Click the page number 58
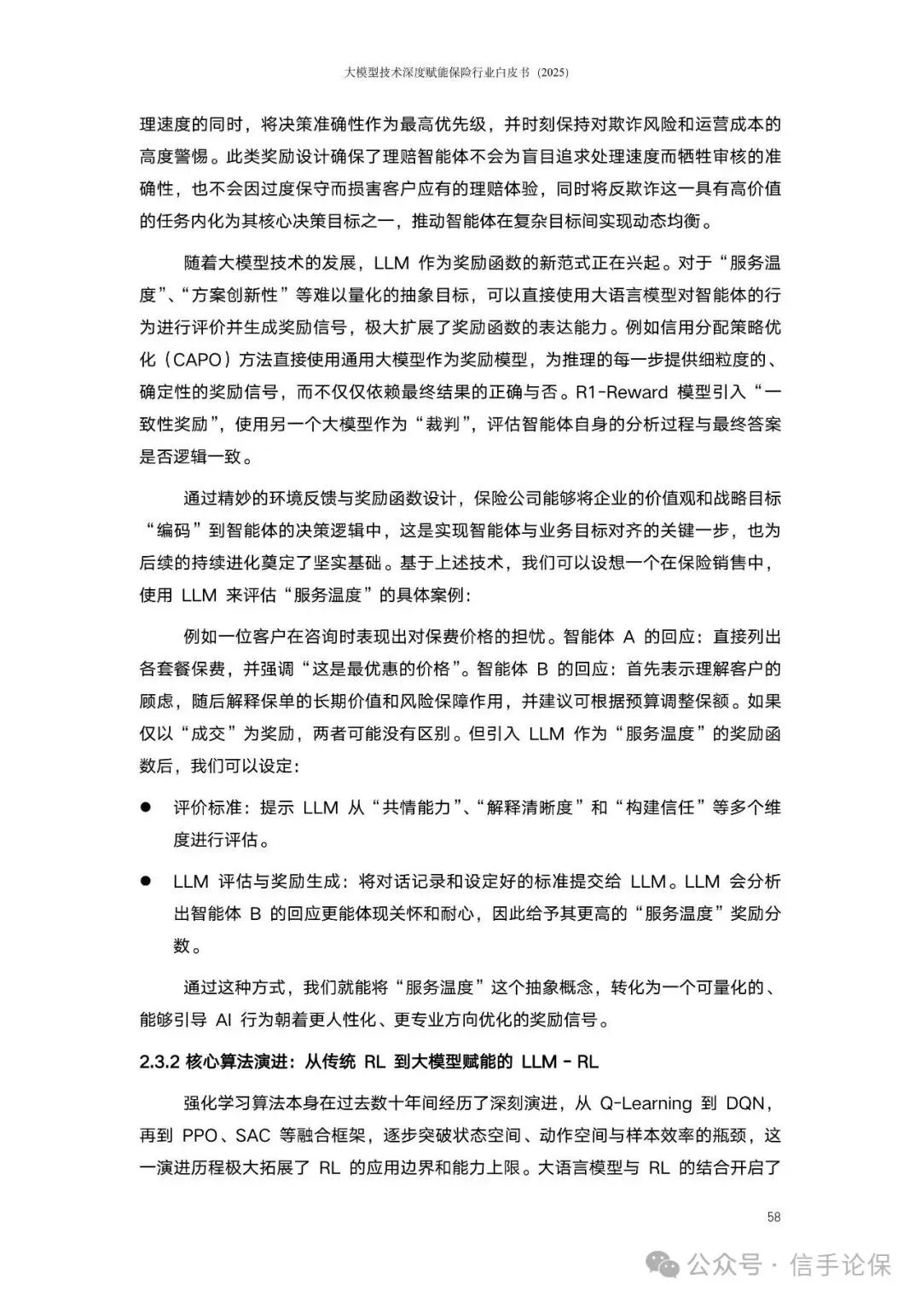pos(773,1217)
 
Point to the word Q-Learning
pos(646,1103)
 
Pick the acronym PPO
pos(201,1136)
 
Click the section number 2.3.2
pos(158,1062)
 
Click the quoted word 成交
pos(208,733)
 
